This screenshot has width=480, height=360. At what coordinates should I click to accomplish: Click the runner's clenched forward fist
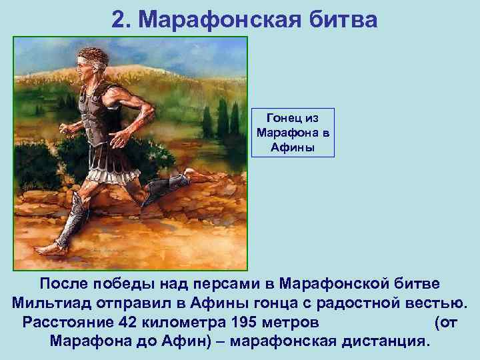point(65,127)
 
